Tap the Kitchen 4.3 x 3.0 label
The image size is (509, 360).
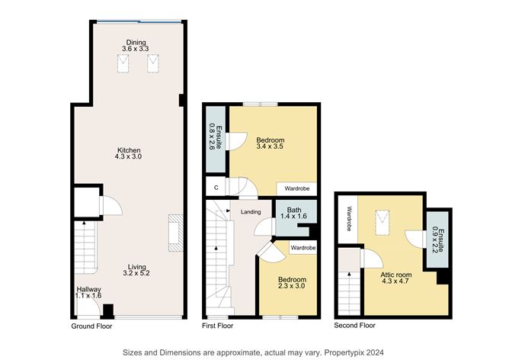[129, 153]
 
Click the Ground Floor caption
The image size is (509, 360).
[91, 326]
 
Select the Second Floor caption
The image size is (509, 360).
[355, 326]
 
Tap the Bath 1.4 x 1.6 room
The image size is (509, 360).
[290, 214]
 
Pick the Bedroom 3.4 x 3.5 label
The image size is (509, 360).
[271, 143]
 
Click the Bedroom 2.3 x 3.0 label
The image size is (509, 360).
[290, 281]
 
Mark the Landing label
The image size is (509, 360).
[251, 212]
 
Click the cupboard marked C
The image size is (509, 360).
[216, 187]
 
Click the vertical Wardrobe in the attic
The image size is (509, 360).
[350, 220]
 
